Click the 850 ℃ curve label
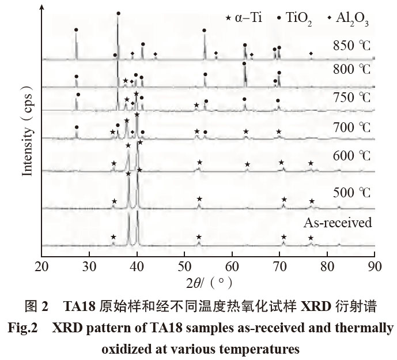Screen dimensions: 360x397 [353, 46]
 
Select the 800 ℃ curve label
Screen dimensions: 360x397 [353, 70]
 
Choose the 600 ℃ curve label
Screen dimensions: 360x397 [353, 156]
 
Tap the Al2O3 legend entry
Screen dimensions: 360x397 [347, 18]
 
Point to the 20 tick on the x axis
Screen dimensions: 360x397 [41, 267]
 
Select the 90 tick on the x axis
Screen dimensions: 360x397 [375, 267]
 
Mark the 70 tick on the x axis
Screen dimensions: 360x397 [279, 267]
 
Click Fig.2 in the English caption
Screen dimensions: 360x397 [23, 329]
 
